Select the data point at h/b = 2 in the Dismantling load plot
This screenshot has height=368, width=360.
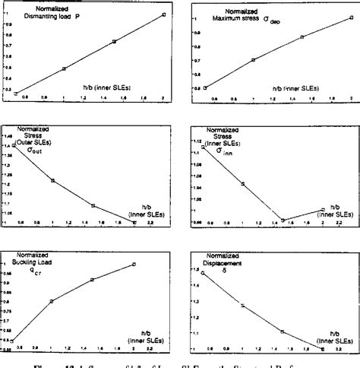coord(164,14)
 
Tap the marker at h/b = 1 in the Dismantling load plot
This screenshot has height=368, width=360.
coord(64,68)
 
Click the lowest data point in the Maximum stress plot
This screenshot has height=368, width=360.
coord(205,88)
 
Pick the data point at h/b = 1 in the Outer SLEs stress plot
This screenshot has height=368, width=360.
coord(52,180)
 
